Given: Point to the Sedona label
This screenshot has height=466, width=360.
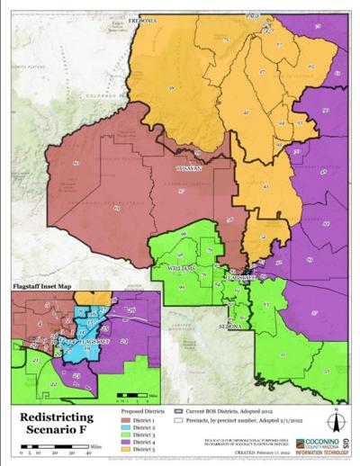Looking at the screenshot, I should [229, 326].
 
